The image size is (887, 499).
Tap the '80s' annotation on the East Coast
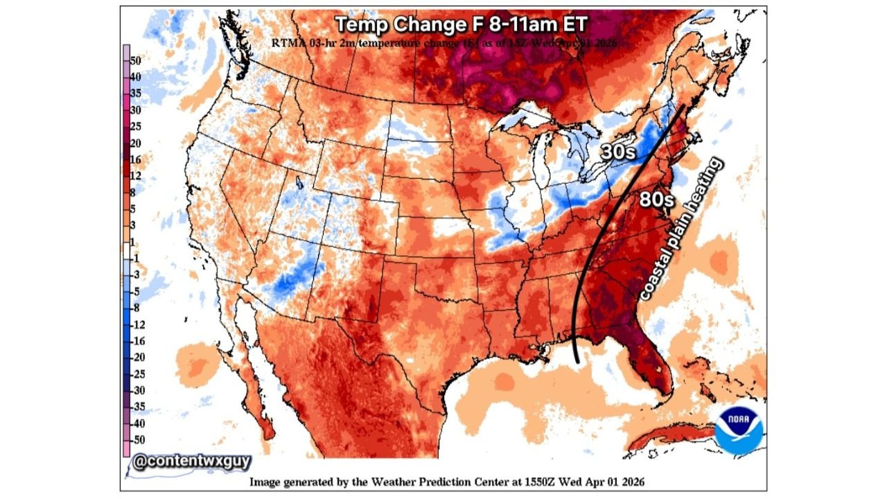pos(656,199)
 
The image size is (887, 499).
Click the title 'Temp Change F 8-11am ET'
pos(462,24)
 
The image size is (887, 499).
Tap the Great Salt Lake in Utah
pos(299,185)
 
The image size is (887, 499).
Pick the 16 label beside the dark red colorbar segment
pos(135,159)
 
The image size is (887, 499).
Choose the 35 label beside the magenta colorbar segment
pos(136,93)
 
